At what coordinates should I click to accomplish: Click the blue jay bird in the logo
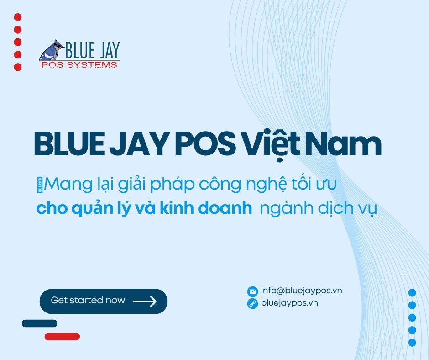(x=50, y=50)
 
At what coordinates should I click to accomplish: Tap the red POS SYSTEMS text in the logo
(x=79, y=65)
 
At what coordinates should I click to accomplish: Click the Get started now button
(x=103, y=301)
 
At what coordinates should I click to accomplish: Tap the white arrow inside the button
(x=145, y=301)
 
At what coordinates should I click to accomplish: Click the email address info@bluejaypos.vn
(x=301, y=291)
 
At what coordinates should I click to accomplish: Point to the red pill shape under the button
(x=62, y=337)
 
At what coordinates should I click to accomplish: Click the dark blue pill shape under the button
(x=39, y=323)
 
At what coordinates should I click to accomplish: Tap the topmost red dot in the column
(x=18, y=17)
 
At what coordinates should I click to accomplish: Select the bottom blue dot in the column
(x=412, y=342)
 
